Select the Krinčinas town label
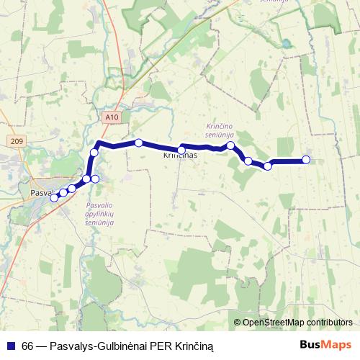coord(180,155)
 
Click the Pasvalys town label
coord(41,193)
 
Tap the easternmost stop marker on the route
coord(306,160)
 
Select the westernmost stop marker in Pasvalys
coord(53,197)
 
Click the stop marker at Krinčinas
coord(181,150)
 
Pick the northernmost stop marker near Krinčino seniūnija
coord(230,145)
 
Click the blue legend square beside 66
coord(11,346)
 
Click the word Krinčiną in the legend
coord(192,346)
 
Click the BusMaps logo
coord(325,345)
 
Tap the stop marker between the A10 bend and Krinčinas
coord(138,143)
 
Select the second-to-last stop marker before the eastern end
coord(267,166)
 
